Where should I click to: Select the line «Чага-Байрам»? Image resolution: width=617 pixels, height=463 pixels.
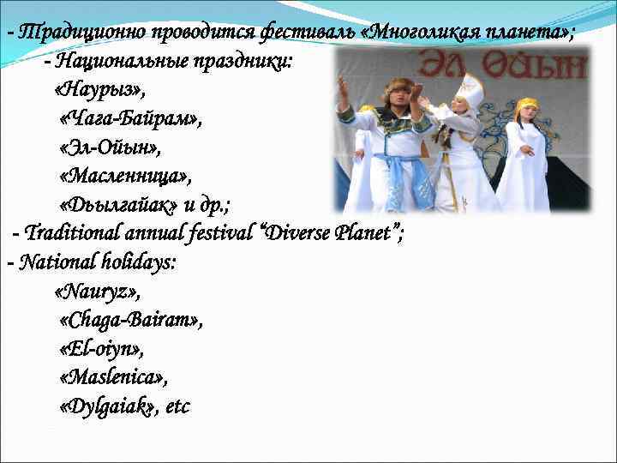pyautogui.click(x=131, y=119)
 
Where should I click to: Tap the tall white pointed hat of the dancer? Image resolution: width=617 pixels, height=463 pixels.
pyautogui.click(x=471, y=87)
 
